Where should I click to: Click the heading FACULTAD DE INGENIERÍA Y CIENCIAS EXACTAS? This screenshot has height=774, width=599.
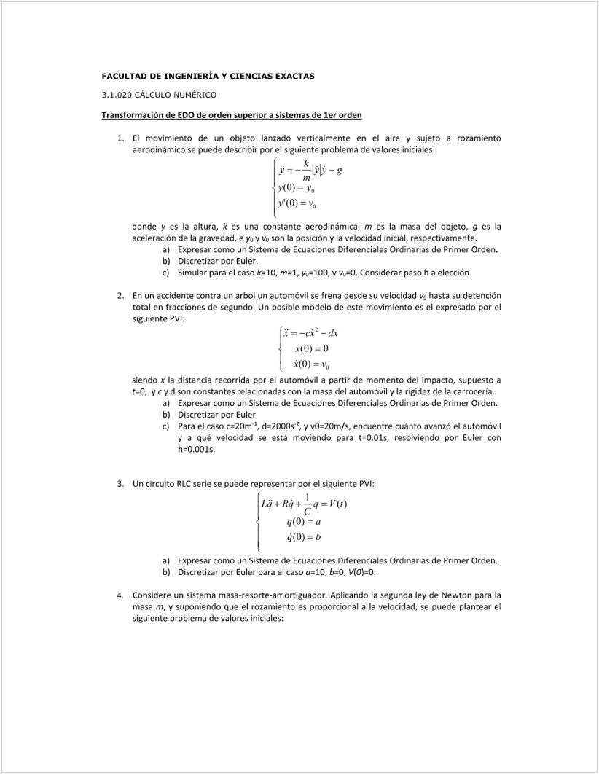point(208,76)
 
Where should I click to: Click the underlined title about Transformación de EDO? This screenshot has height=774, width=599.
point(232,115)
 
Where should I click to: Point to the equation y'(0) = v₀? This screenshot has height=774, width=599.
point(297,204)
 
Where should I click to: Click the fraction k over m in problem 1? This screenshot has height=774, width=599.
point(306,170)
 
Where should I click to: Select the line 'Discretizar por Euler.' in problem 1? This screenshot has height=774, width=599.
point(218,261)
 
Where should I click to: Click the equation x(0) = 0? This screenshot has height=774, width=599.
point(310,348)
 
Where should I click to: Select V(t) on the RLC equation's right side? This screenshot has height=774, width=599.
point(337,504)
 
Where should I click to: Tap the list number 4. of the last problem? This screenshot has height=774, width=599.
point(121,595)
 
